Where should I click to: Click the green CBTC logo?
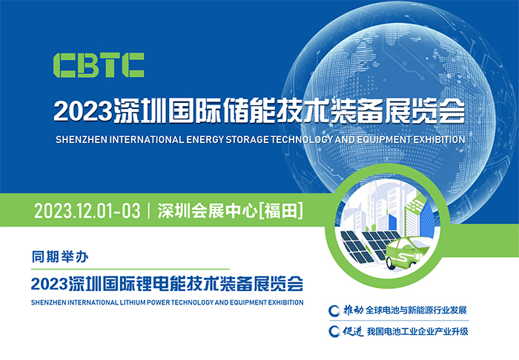click(x=99, y=65)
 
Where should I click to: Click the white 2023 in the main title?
click(x=83, y=111)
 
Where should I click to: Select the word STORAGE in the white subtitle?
click(x=247, y=140)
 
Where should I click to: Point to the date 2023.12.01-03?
click(x=87, y=211)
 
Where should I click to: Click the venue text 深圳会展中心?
click(x=208, y=211)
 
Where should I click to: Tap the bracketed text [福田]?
click(x=281, y=211)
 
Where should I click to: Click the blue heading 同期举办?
click(x=60, y=257)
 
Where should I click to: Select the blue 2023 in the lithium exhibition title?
click(x=50, y=284)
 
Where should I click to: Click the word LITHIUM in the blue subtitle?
click(x=133, y=302)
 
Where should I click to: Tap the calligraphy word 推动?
click(x=353, y=310)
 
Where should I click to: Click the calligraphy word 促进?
click(x=353, y=331)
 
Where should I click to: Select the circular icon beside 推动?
click(x=334, y=310)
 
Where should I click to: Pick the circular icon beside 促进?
click(x=334, y=331)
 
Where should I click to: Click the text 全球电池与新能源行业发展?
click(x=416, y=310)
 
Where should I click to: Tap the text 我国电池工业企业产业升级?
click(x=417, y=331)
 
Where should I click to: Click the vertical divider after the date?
click(x=149, y=211)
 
